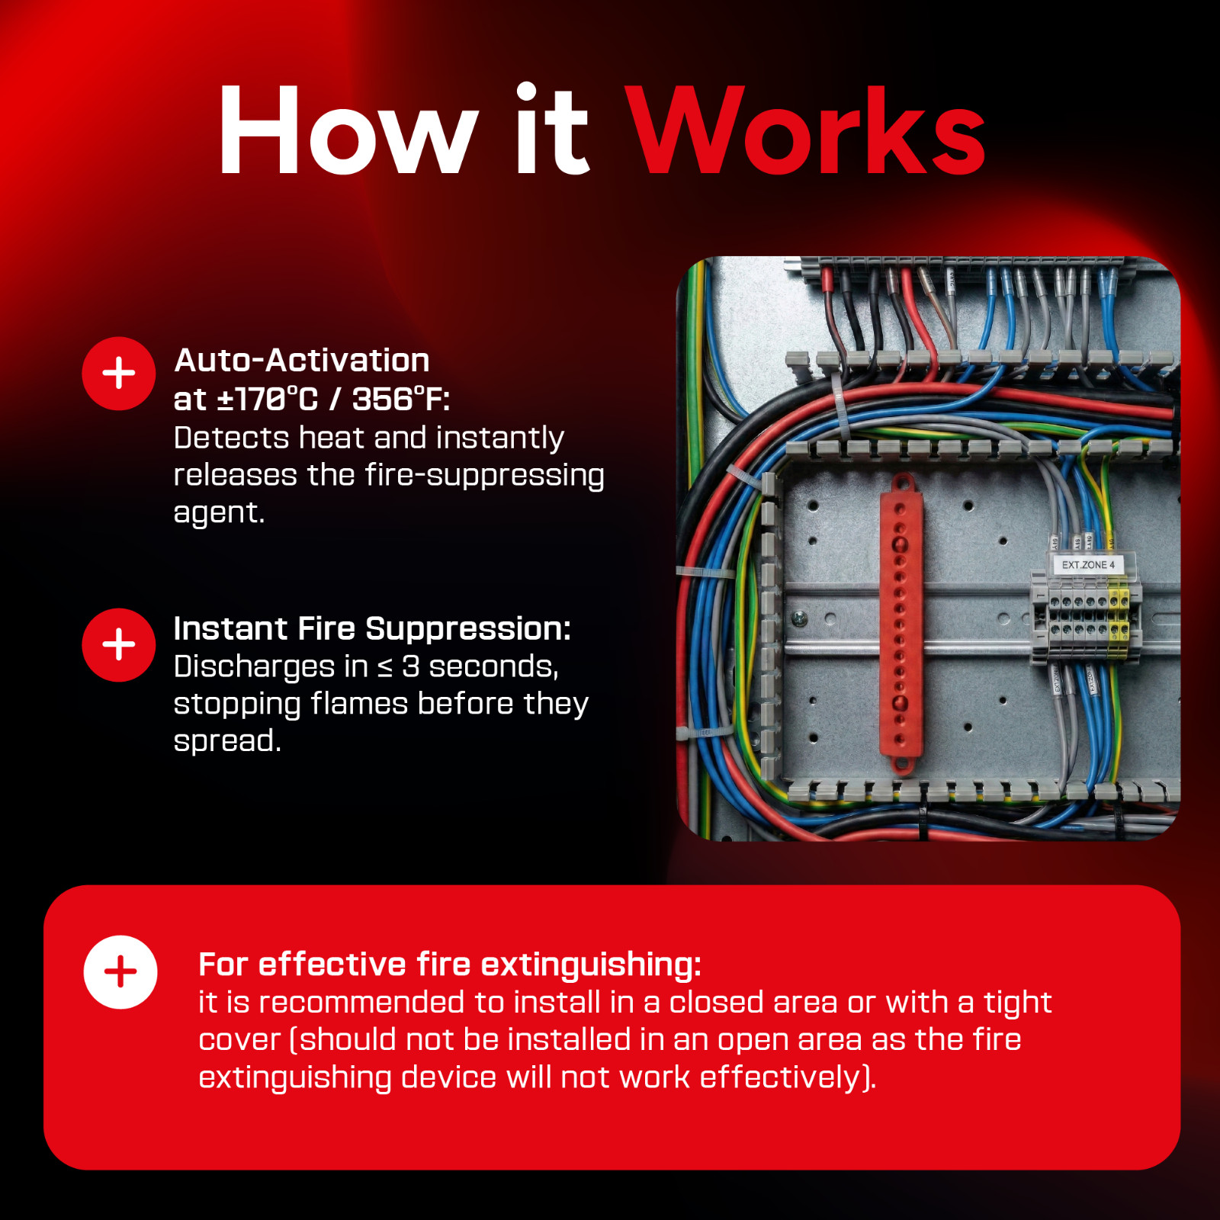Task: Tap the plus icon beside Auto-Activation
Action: (119, 374)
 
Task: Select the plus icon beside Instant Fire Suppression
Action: (119, 645)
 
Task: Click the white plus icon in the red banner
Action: (120, 972)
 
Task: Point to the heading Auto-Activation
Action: (302, 360)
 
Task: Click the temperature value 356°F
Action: (401, 399)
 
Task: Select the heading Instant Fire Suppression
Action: (372, 629)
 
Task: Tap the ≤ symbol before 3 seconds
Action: (386, 668)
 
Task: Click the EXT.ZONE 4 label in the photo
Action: (1088, 565)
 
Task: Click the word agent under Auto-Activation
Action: (219, 513)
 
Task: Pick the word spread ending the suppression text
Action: (227, 741)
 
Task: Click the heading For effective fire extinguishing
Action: (450, 965)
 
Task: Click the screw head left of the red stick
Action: (799, 618)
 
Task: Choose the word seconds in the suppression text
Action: (493, 666)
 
